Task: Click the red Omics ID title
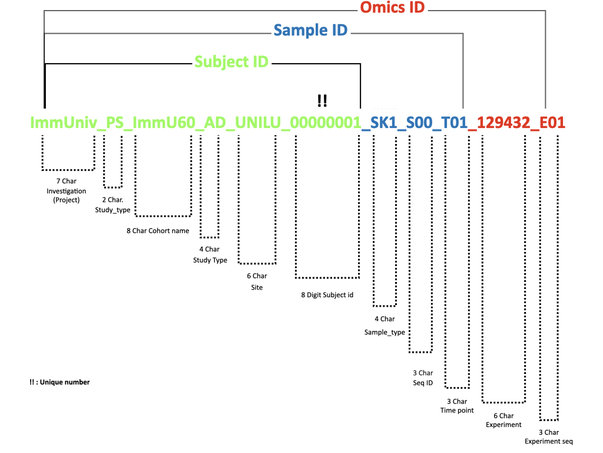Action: coord(392,8)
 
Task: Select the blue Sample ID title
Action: coord(310,30)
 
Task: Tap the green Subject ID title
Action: coord(231,62)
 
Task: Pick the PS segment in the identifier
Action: coord(115,123)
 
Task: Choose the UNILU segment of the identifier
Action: coord(257,123)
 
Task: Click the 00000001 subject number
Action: coord(326,123)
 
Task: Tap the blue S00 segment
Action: coord(420,123)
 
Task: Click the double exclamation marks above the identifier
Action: coord(322,101)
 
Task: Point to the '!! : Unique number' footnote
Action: coord(59,382)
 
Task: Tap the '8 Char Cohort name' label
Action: coord(158,231)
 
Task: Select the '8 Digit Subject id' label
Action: coord(327,294)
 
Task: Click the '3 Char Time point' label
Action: coord(457,406)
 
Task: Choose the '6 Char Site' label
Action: coord(257,281)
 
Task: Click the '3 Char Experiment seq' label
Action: coord(549,436)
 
